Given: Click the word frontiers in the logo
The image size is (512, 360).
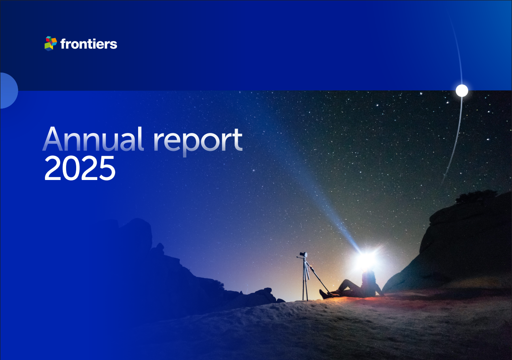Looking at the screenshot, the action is [x=89, y=44].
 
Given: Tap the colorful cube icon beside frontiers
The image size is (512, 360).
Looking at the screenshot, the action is [x=51, y=43].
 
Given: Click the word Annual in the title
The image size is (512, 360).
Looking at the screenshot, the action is [x=93, y=139].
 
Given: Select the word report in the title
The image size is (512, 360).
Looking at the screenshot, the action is [x=198, y=142].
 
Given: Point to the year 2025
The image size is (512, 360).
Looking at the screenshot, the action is [x=80, y=168].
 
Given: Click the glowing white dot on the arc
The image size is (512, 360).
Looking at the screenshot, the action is [x=462, y=90].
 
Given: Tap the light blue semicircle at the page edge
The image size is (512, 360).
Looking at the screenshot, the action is [x=9, y=90].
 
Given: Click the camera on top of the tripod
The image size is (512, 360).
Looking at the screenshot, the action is [x=303, y=255].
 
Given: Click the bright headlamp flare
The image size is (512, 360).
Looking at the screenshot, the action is [x=367, y=259].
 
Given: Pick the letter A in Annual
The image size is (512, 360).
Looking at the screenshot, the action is [x=53, y=139].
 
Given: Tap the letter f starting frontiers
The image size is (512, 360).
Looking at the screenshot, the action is [x=64, y=44].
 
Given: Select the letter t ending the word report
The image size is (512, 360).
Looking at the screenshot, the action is [x=237, y=140].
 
